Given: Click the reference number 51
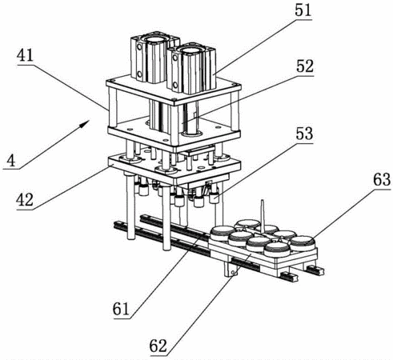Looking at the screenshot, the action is click(x=303, y=10).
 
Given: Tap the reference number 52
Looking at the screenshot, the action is click(x=305, y=66).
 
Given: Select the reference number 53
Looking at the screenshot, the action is click(x=304, y=134).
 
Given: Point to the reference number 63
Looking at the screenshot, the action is click(x=382, y=180).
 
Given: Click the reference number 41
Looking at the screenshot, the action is click(x=25, y=56).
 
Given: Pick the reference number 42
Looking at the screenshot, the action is click(x=25, y=200).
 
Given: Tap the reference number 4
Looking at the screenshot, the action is click(x=11, y=161).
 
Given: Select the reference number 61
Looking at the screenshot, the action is click(x=121, y=310).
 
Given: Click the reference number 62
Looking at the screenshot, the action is click(x=158, y=346).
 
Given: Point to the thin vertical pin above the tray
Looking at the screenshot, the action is click(x=263, y=216).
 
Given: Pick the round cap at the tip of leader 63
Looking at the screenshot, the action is click(x=303, y=242).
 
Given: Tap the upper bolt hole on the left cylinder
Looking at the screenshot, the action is click(x=139, y=46).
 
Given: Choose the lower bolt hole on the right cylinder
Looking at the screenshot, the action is click(x=175, y=85).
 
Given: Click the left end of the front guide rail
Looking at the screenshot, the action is click(x=117, y=226).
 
